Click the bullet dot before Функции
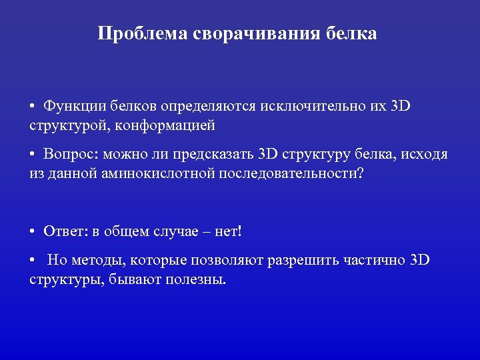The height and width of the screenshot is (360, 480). (x=33, y=107)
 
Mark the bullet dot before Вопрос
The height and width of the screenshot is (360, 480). (x=33, y=155)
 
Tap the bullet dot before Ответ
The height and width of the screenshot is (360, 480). (x=33, y=232)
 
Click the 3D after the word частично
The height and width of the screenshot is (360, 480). (x=420, y=259)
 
